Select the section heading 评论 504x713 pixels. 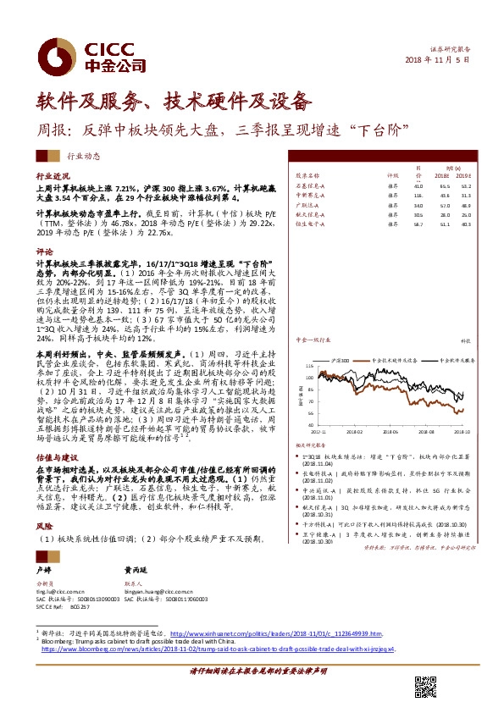tap(44, 251)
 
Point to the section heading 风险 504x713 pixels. tap(44, 524)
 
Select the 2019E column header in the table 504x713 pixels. tap(461, 175)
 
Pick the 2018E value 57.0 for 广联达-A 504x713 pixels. tap(443, 204)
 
